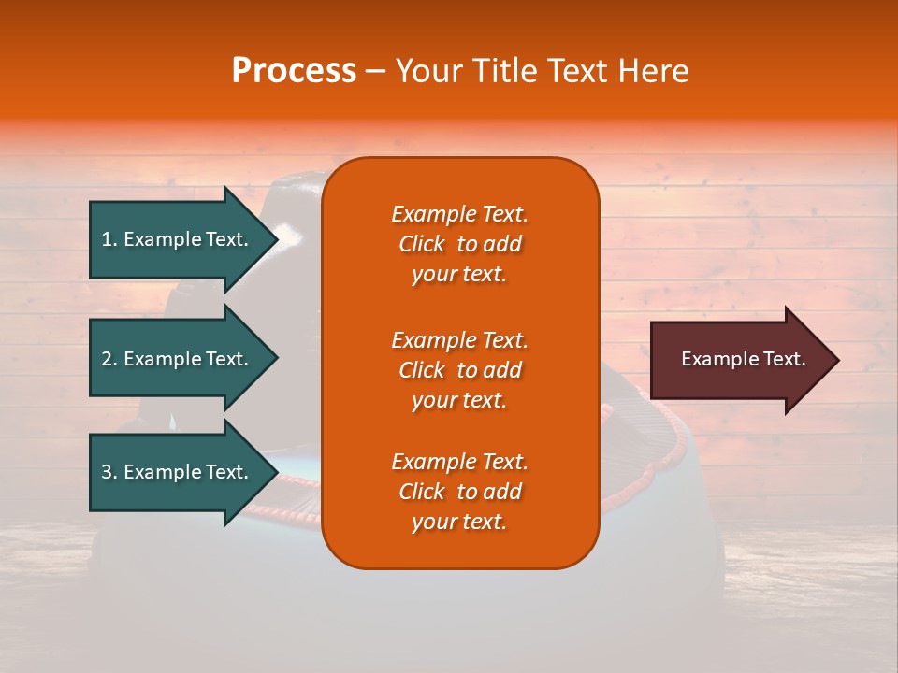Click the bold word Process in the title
[294, 71]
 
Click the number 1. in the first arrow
[109, 239]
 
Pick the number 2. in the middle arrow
[109, 359]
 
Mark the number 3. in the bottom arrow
[109, 472]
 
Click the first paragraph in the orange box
[459, 244]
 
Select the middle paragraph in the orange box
[459, 370]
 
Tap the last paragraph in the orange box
[459, 492]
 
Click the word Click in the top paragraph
[422, 244]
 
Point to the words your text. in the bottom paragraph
[459, 522]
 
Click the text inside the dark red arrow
[743, 359]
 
